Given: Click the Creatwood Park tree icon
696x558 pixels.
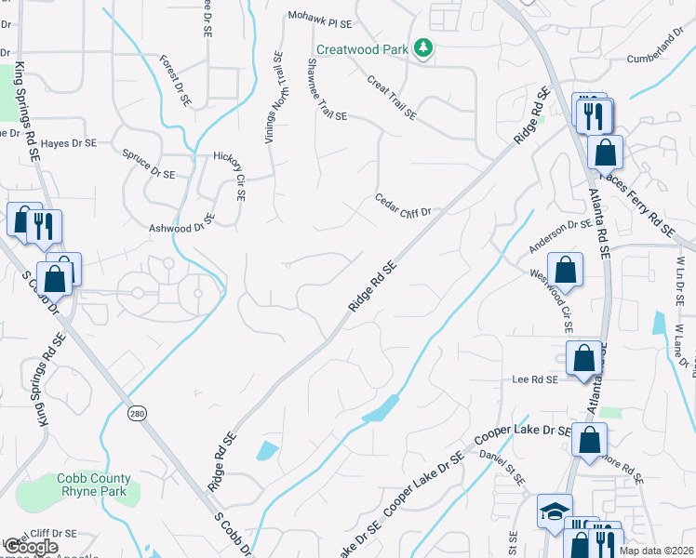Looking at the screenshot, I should pos(423,47).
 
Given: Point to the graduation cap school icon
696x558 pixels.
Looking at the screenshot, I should pos(554,511).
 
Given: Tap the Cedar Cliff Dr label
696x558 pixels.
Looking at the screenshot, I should pos(403,205).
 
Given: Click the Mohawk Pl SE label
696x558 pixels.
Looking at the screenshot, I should pos(320,19).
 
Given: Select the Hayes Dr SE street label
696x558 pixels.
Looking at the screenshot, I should pos(69,143).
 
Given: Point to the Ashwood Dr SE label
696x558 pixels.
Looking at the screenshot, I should pos(181,223).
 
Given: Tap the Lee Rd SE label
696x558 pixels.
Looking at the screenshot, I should pos(534,379).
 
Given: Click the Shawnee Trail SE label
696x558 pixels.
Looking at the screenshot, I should pos(327,89).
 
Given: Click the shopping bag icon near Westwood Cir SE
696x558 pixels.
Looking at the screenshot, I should pos(565,270).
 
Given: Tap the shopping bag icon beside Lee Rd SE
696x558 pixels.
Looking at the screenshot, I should pos(582,358).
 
